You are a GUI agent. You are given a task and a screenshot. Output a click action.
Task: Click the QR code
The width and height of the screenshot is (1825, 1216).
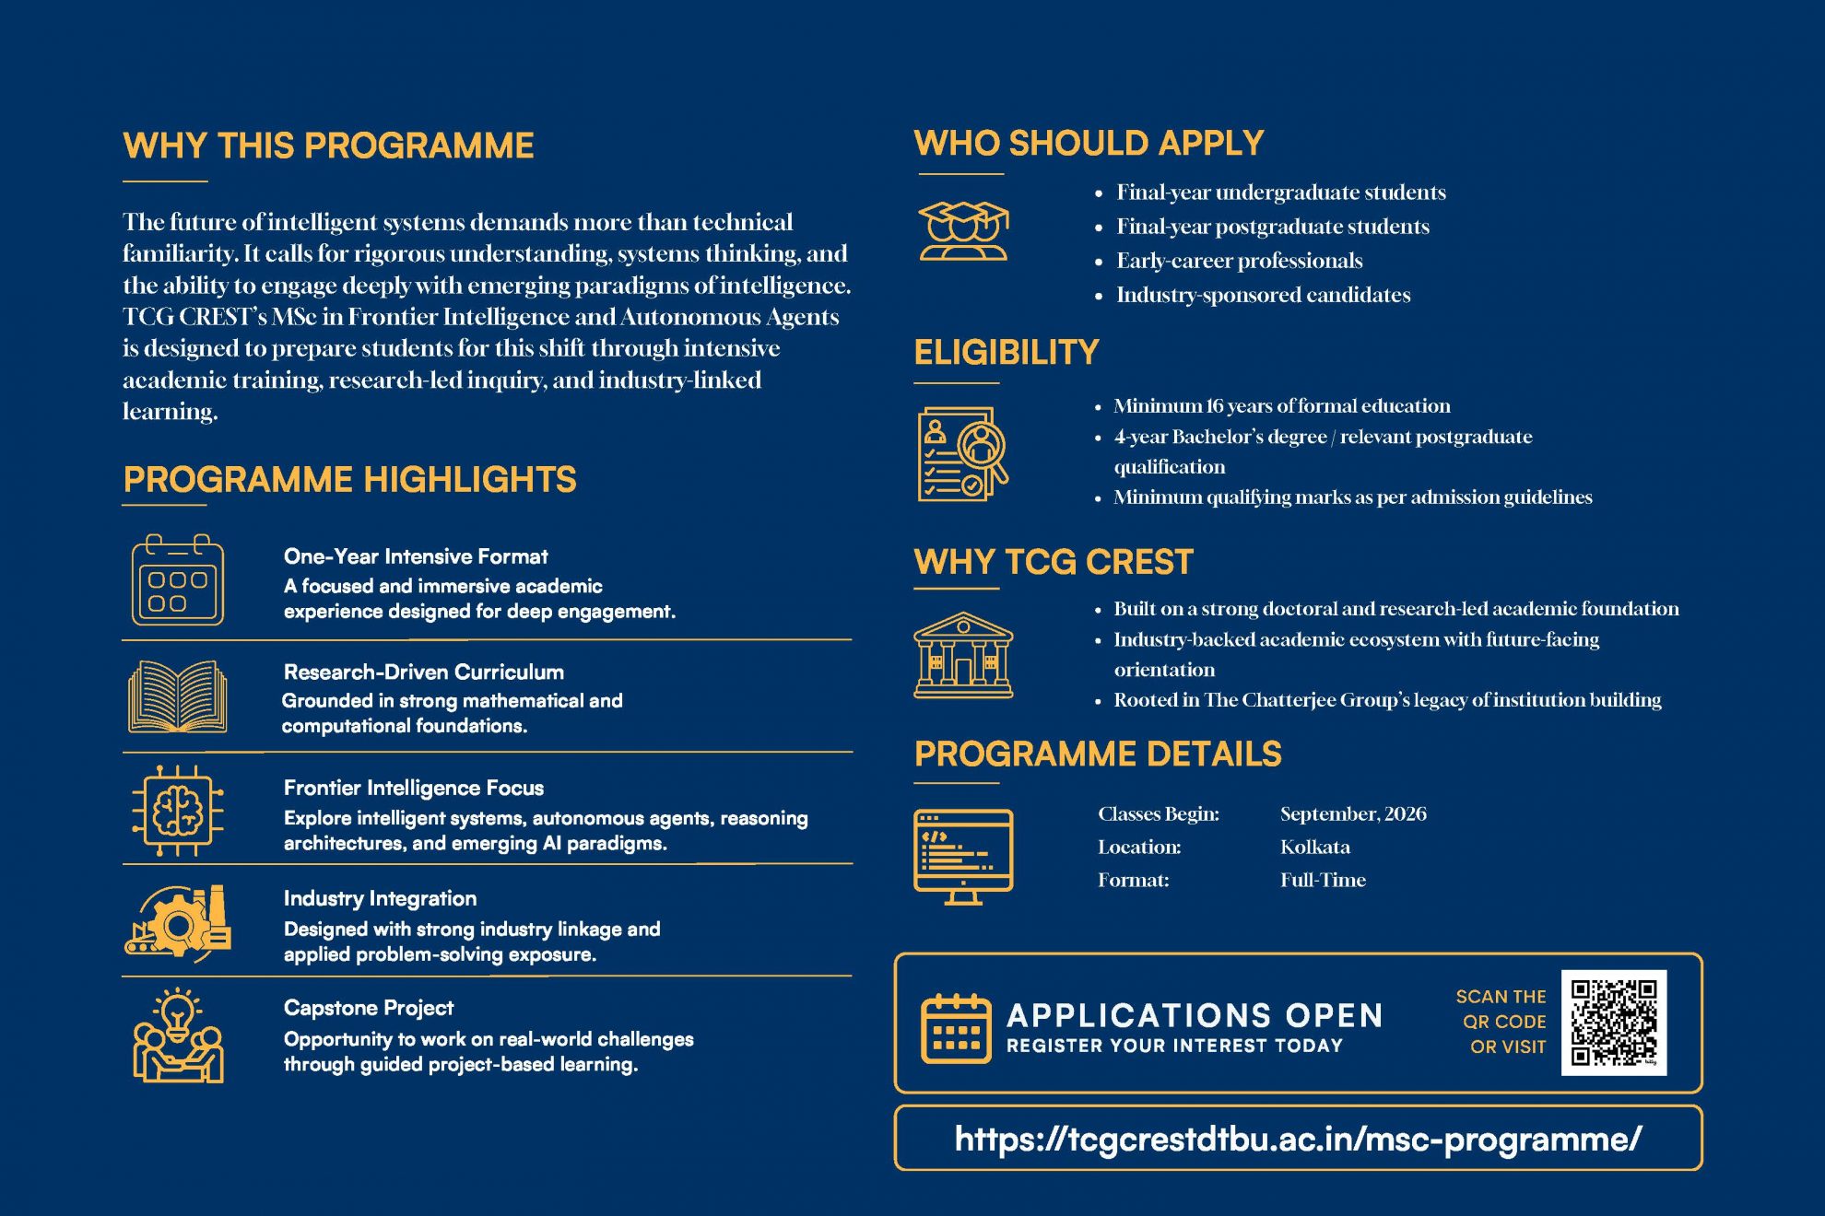tap(1613, 1022)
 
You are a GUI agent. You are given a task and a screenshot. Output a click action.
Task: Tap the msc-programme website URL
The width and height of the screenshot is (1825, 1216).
tap(1298, 1140)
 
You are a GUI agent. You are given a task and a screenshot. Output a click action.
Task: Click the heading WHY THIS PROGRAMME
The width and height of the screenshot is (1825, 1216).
tap(328, 146)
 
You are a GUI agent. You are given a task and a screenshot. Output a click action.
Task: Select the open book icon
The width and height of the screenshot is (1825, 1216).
tap(178, 696)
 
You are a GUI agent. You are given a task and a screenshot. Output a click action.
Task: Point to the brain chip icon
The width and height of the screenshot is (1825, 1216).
tap(178, 811)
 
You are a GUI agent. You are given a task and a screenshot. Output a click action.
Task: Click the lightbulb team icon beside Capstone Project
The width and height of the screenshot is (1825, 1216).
tap(178, 1035)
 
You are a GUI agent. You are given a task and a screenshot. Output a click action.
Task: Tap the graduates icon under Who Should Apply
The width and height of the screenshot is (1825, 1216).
tap(963, 231)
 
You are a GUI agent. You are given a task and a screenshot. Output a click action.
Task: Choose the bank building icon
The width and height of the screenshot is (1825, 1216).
tap(963, 655)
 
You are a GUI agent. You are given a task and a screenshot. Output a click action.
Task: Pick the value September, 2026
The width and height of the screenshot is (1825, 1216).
tap(1353, 813)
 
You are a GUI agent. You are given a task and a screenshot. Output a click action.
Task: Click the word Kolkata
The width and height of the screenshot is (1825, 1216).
tap(1315, 847)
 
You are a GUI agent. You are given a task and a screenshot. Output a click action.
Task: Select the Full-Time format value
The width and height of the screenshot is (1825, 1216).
tap(1323, 880)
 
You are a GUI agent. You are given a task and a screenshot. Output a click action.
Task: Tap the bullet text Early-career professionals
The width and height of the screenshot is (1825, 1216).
tap(1240, 261)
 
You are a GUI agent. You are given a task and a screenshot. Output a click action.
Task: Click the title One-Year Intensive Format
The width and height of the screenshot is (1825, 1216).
tap(416, 556)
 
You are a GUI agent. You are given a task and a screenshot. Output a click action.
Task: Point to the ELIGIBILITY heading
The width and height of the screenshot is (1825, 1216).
tap(1007, 352)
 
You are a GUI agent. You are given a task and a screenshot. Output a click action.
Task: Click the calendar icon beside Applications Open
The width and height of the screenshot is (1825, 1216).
tap(957, 1028)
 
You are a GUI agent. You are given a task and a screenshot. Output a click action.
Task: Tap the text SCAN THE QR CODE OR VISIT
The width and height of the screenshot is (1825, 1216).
tap(1501, 1022)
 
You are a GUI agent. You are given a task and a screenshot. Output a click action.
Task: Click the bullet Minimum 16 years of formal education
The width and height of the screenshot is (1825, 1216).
tap(1282, 406)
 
